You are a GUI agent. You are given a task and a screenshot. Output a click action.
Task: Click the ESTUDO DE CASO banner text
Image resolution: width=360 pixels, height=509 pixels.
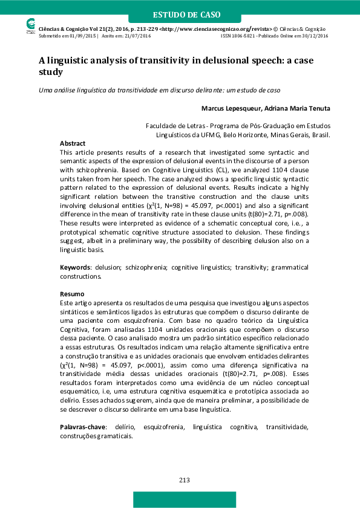coord(186,15)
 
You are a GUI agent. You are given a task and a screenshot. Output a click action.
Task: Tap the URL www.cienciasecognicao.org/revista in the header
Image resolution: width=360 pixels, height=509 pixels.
coord(222,28)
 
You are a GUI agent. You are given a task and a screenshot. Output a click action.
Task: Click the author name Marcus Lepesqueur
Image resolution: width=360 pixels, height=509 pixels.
coord(227,109)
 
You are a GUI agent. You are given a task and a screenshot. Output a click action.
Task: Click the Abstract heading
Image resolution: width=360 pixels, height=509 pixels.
coord(73,143)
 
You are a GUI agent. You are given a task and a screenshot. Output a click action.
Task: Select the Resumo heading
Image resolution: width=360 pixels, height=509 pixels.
coord(72,293)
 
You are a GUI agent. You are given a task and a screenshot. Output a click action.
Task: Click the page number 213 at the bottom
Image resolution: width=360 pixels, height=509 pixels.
coord(185,480)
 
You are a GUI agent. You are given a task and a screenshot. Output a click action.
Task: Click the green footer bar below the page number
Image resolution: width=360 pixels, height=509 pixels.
coord(185,499)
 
